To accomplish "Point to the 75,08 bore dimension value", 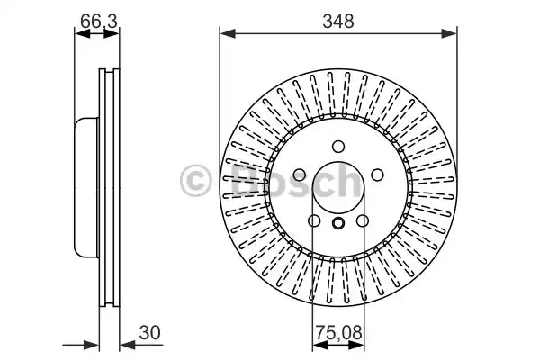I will pyautogui.click(x=337, y=332).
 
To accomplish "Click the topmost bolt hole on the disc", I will pyautogui.click(x=338, y=147).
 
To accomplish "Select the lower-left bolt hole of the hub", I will pyautogui.click(x=314, y=221).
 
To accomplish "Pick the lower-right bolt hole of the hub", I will pyautogui.click(x=363, y=221).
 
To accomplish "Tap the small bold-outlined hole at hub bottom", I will pyautogui.click(x=338, y=225).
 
